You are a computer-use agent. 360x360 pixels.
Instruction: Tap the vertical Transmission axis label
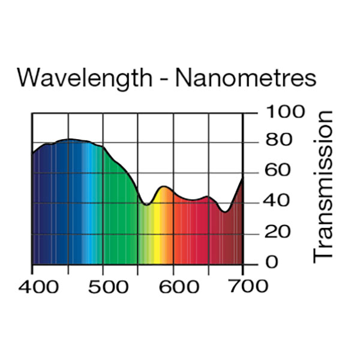[x=323, y=185]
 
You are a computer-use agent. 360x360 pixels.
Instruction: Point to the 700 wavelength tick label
[x=244, y=286]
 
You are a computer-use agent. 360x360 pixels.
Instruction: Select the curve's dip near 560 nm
[x=146, y=205]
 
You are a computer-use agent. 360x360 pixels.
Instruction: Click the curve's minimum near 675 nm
[x=225, y=211]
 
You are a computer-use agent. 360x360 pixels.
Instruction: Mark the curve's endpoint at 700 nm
[x=242, y=178]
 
